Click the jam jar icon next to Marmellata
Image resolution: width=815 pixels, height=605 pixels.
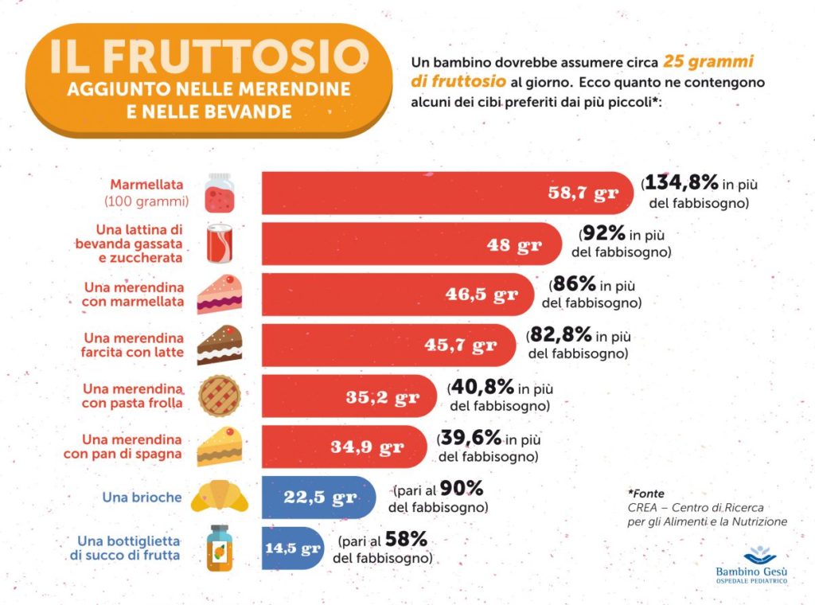click(219, 192)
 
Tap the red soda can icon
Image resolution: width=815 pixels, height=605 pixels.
click(219, 244)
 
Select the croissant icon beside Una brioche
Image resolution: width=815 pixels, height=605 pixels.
click(220, 498)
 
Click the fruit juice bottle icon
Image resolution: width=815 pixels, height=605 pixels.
click(219, 548)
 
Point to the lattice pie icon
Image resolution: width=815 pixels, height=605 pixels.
click(219, 396)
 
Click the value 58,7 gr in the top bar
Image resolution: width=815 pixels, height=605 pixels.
click(583, 193)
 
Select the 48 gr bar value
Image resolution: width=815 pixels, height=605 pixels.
click(514, 244)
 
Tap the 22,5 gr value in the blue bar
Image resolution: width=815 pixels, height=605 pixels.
click(320, 498)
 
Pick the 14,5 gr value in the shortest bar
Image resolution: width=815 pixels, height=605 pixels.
click(293, 548)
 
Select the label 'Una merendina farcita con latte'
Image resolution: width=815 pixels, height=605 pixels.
click(133, 345)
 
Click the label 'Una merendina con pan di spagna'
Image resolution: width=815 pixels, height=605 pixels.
click(123, 447)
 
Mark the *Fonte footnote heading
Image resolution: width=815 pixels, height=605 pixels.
click(645, 494)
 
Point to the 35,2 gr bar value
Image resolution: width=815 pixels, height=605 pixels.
click(382, 397)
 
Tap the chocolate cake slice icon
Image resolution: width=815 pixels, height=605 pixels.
click(219, 345)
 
